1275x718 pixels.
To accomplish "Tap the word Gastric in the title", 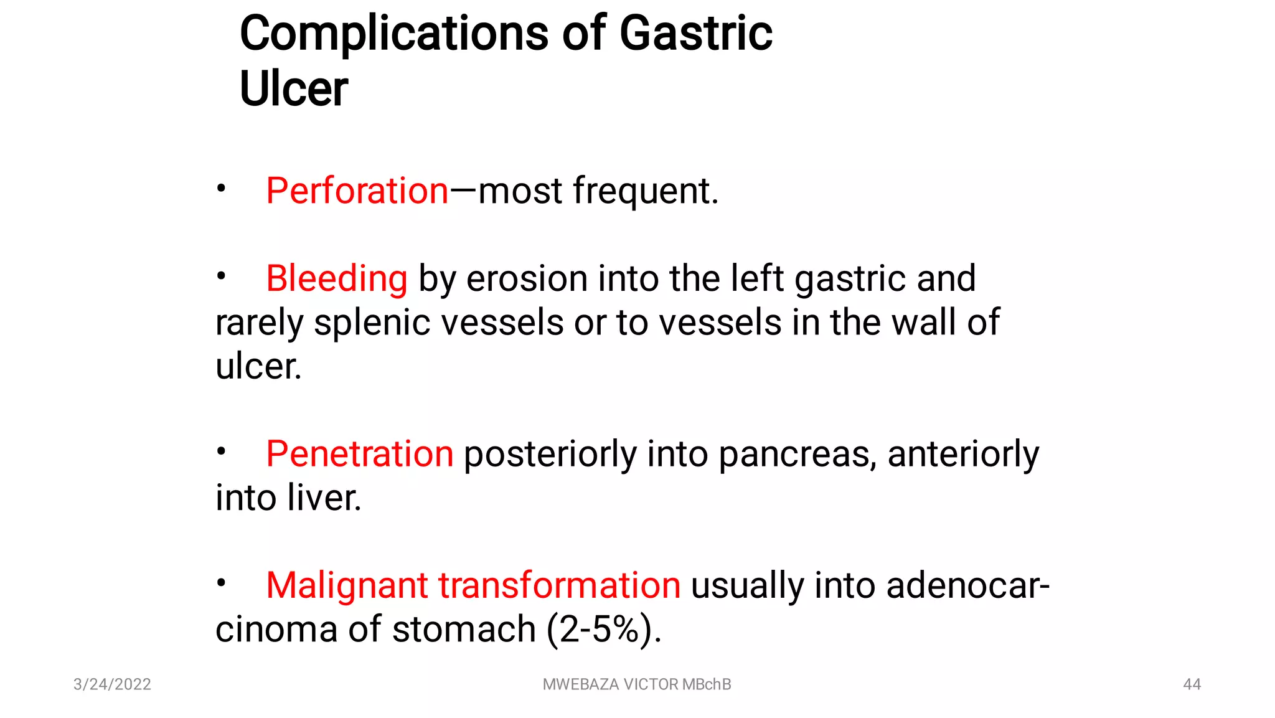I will tap(695, 34).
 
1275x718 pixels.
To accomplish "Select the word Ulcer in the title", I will tap(293, 88).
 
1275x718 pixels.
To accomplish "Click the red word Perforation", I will tap(357, 191).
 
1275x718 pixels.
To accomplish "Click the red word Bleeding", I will tap(337, 278).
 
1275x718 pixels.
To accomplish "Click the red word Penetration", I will tap(359, 454).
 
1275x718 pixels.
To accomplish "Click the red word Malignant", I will tap(347, 586).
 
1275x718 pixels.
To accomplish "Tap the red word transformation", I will tap(559, 586).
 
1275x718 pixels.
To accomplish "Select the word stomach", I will tap(464, 630).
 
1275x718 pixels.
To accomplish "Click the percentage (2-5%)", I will tap(603, 630).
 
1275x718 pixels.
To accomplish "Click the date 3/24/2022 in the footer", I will tap(112, 684).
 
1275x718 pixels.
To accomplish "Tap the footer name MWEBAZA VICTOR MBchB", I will tap(636, 684).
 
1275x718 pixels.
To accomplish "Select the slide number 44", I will tap(1192, 684).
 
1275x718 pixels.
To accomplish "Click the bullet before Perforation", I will tap(221, 187).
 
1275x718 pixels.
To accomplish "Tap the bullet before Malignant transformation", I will tap(221, 583).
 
